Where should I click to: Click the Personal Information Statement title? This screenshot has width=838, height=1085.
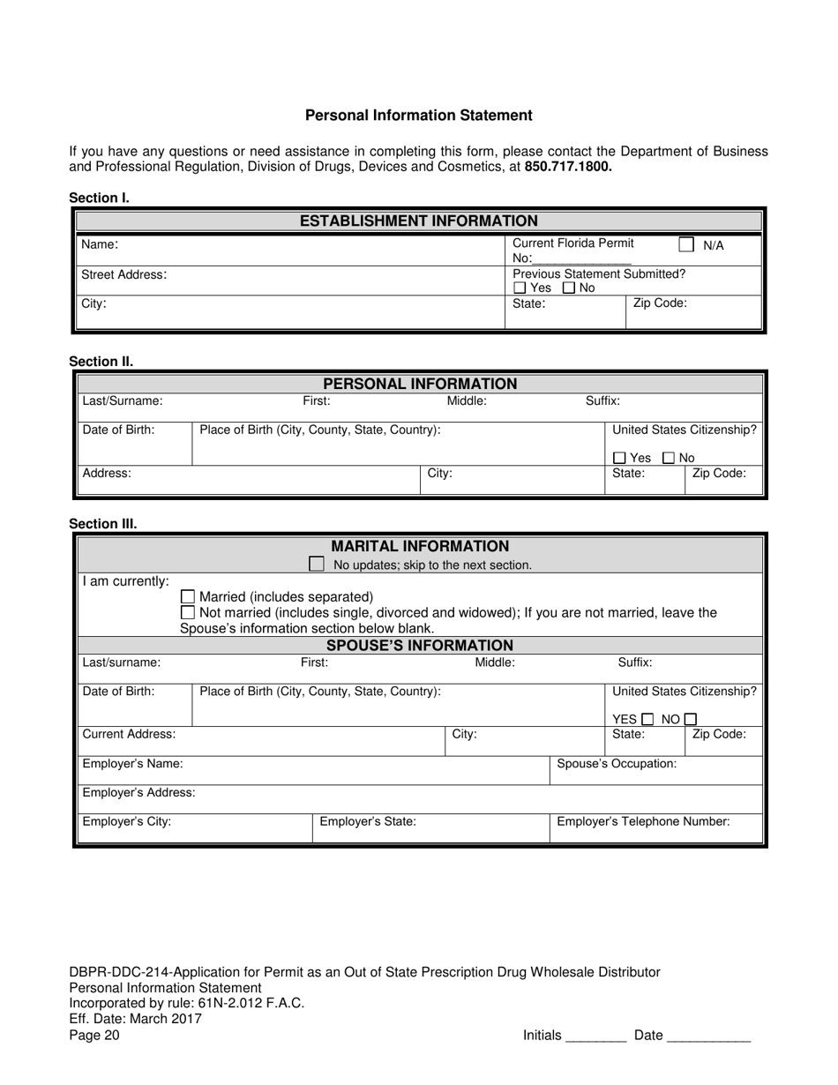[x=418, y=116]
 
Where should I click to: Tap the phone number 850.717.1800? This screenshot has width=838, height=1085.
[x=568, y=166]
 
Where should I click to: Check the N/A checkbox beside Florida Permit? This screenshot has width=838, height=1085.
[x=686, y=244]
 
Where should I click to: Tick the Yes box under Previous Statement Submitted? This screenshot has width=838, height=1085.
[x=520, y=288]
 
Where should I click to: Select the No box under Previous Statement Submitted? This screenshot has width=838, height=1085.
[x=569, y=288]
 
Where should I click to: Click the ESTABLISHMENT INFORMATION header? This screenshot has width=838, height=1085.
[x=418, y=221]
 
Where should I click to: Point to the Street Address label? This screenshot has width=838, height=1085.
[x=123, y=274]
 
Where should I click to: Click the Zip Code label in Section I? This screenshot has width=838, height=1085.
[x=660, y=303]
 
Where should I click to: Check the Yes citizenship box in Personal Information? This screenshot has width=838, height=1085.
[x=619, y=458]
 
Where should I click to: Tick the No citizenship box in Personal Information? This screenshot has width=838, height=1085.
[x=669, y=458]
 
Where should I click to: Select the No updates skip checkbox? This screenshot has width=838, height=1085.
[x=317, y=564]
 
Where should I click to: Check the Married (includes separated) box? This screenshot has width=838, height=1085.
[x=188, y=597]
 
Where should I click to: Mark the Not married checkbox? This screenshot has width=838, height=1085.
[x=188, y=612]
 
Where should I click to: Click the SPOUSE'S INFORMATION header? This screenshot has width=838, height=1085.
[x=419, y=646]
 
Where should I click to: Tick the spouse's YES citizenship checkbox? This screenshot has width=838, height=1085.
[x=648, y=719]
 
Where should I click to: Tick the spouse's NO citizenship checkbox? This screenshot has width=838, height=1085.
[x=691, y=719]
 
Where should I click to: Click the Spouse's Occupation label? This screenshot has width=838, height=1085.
[x=617, y=764]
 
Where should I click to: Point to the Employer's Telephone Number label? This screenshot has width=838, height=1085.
[x=643, y=821]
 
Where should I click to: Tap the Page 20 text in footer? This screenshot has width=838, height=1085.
[x=94, y=1036]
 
